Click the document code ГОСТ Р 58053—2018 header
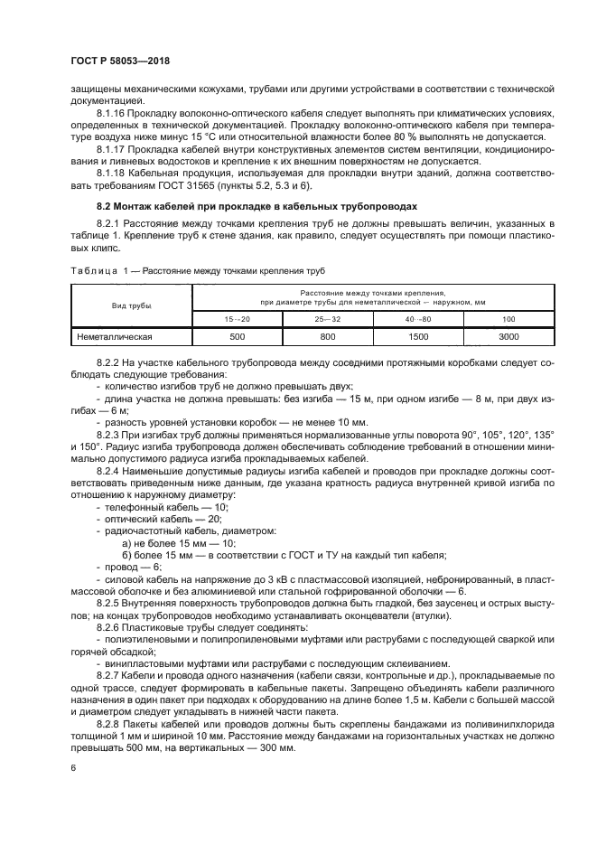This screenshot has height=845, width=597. click(119, 61)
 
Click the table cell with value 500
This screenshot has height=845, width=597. click(237, 337)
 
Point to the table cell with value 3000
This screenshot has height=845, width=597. click(509, 337)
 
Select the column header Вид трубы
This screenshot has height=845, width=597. click(132, 305)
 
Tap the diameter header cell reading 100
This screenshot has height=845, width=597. click(509, 319)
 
